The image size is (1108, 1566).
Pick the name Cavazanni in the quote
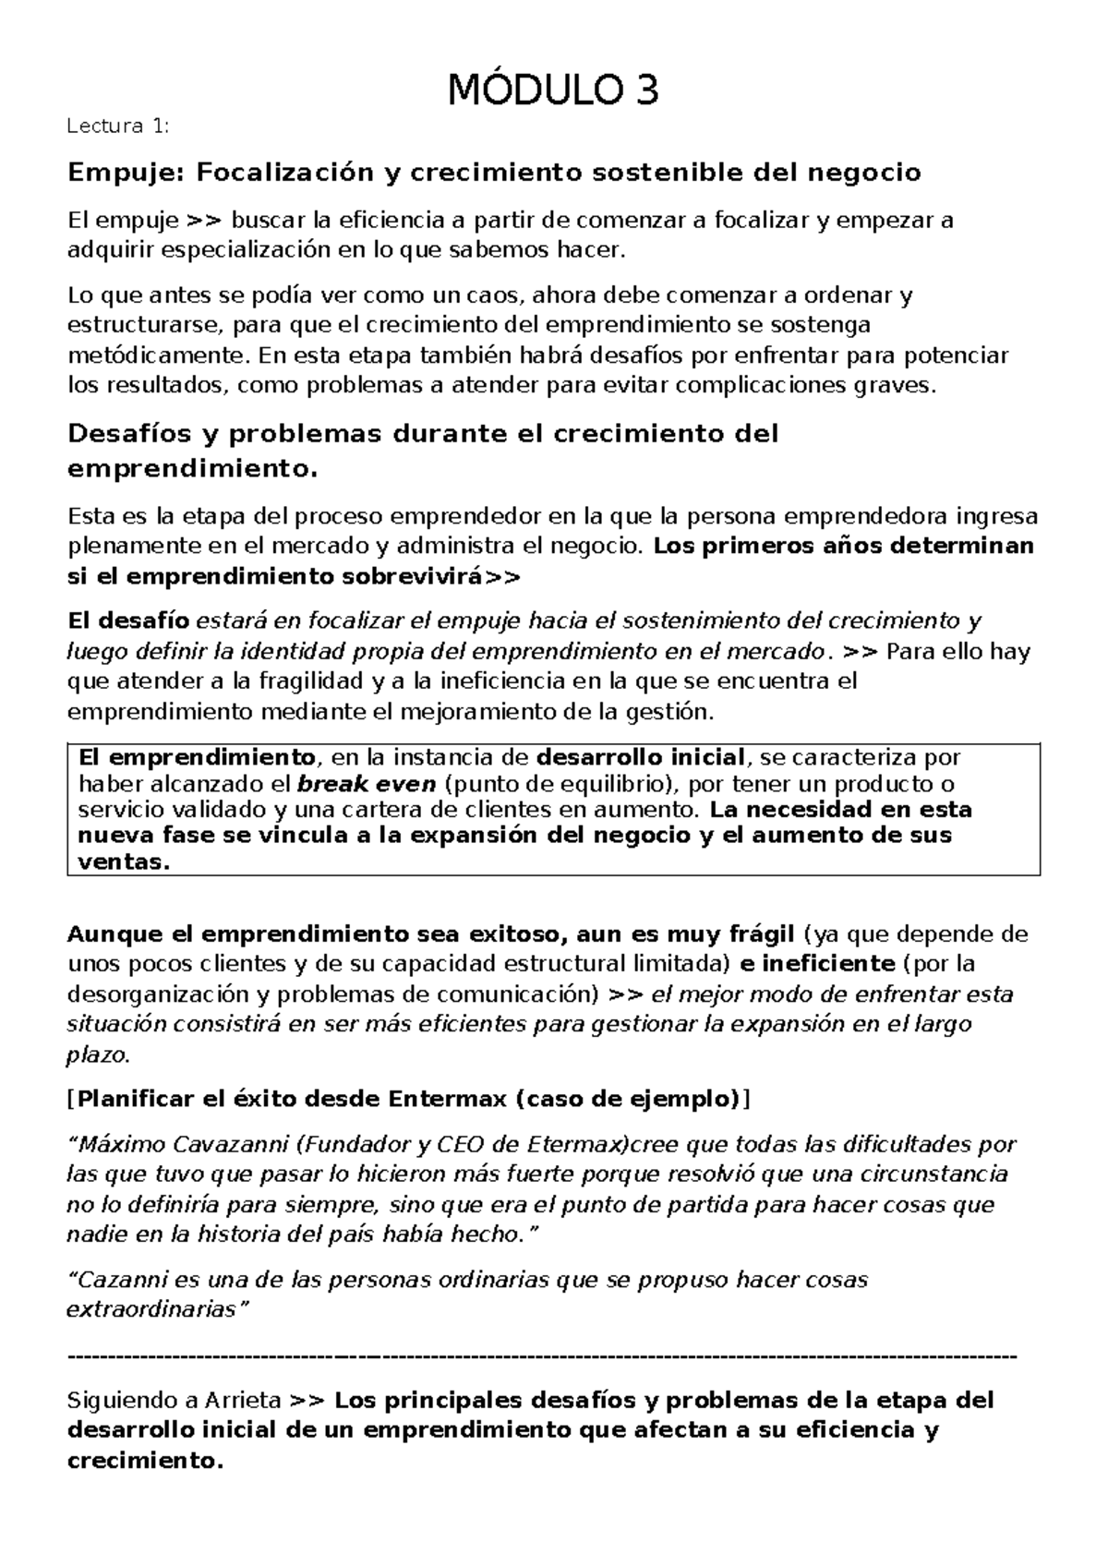pyautogui.click(x=235, y=1145)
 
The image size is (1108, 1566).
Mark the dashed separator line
pyautogui.click(x=542, y=1356)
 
